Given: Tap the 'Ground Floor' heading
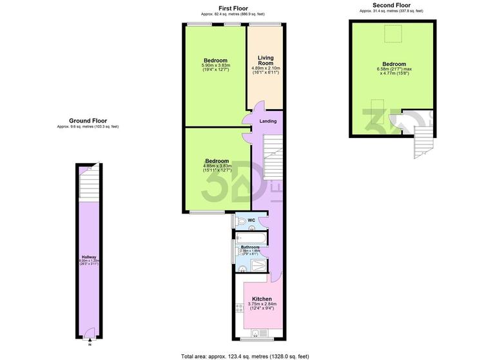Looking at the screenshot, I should [88, 121].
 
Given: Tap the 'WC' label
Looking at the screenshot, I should [251, 221].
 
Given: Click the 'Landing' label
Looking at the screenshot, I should [267, 121].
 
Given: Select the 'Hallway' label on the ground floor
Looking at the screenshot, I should [88, 257].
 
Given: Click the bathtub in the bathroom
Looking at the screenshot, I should [249, 237].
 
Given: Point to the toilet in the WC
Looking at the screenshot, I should [240, 221].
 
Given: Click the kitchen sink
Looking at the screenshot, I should [256, 333].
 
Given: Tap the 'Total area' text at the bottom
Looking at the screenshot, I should [244, 355].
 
